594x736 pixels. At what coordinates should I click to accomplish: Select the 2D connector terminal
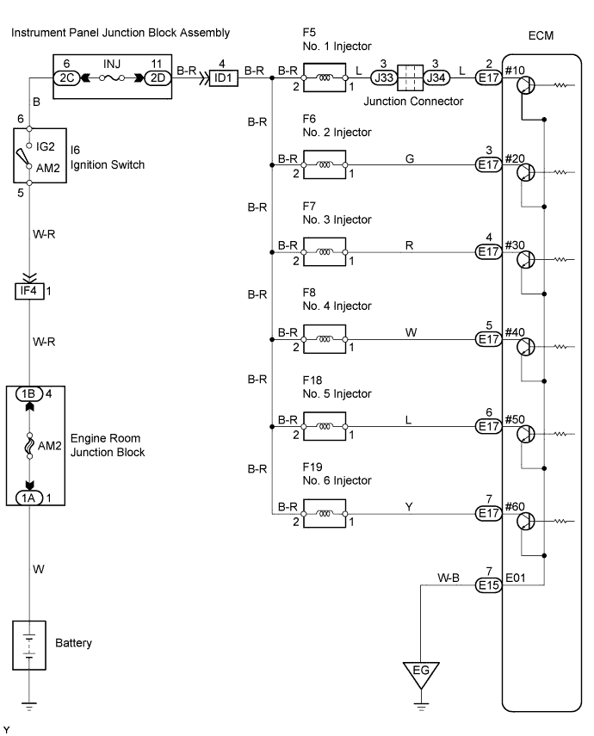tap(158, 77)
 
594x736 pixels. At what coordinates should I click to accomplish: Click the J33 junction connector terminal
tap(383, 77)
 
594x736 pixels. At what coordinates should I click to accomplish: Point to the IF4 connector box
tap(29, 291)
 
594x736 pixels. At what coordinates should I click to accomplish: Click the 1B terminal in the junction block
tap(29, 394)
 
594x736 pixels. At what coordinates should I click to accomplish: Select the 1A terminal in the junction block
tap(29, 497)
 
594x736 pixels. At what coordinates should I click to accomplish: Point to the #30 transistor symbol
tap(526, 260)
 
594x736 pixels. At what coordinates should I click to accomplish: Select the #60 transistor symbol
tap(526, 522)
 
